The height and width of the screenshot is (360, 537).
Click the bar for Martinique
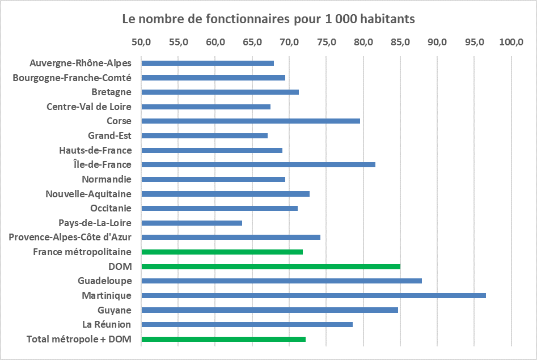(313, 295)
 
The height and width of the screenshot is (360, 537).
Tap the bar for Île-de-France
(258, 164)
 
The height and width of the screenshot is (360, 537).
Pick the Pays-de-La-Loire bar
(192, 223)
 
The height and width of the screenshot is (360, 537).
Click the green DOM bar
(270, 266)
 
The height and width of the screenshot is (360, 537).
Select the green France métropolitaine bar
(222, 252)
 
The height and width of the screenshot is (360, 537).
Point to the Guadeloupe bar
(281, 281)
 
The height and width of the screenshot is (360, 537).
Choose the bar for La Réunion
(247, 324)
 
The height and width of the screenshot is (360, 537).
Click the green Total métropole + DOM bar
(223, 339)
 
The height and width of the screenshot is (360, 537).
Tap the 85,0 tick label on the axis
(400, 42)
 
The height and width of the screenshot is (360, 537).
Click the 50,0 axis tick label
(141, 42)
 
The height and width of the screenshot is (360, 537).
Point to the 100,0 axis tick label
(511, 42)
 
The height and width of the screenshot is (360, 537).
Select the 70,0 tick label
(289, 42)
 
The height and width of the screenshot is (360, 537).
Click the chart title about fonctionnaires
(269, 19)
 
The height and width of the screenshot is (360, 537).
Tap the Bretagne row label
(111, 92)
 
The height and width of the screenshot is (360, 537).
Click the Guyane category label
(115, 310)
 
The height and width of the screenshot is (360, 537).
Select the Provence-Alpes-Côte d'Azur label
(70, 237)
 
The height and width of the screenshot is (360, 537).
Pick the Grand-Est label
(109, 135)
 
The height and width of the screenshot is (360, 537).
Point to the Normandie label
(107, 179)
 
